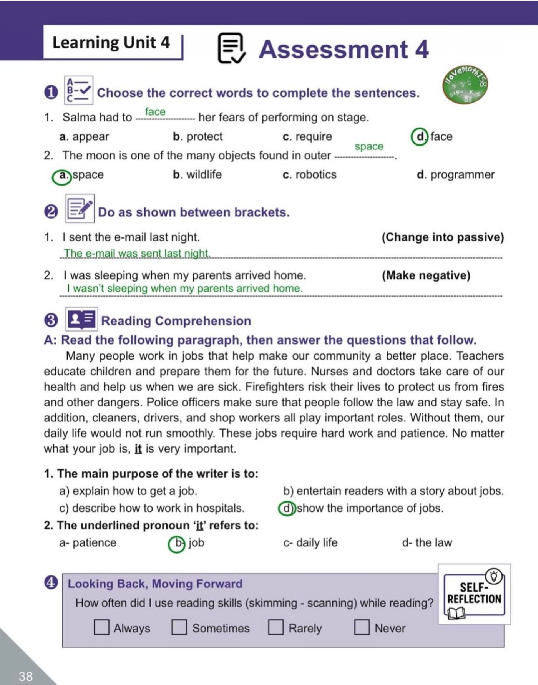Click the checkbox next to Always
point(101,627)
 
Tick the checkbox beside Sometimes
point(179,627)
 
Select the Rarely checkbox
point(275,627)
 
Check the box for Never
point(362,627)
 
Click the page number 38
point(26,676)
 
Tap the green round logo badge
point(465,85)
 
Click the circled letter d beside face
point(420,136)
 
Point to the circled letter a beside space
point(62,176)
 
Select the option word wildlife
point(204,175)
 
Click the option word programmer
point(462,175)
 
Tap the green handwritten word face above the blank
point(155,112)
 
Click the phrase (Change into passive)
point(442,237)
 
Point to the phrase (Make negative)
point(426,276)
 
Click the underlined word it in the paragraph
point(138,449)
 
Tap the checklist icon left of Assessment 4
point(231,48)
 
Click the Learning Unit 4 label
point(111,43)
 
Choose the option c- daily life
point(310,543)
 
